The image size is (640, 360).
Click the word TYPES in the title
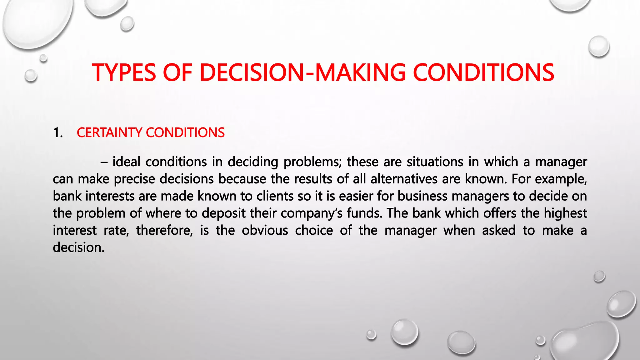click(x=124, y=72)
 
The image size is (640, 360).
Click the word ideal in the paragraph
click(x=126, y=162)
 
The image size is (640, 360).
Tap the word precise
click(x=134, y=179)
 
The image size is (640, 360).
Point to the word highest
click(x=565, y=213)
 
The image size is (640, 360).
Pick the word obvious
click(x=265, y=231)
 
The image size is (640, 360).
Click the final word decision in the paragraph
click(x=78, y=247)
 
